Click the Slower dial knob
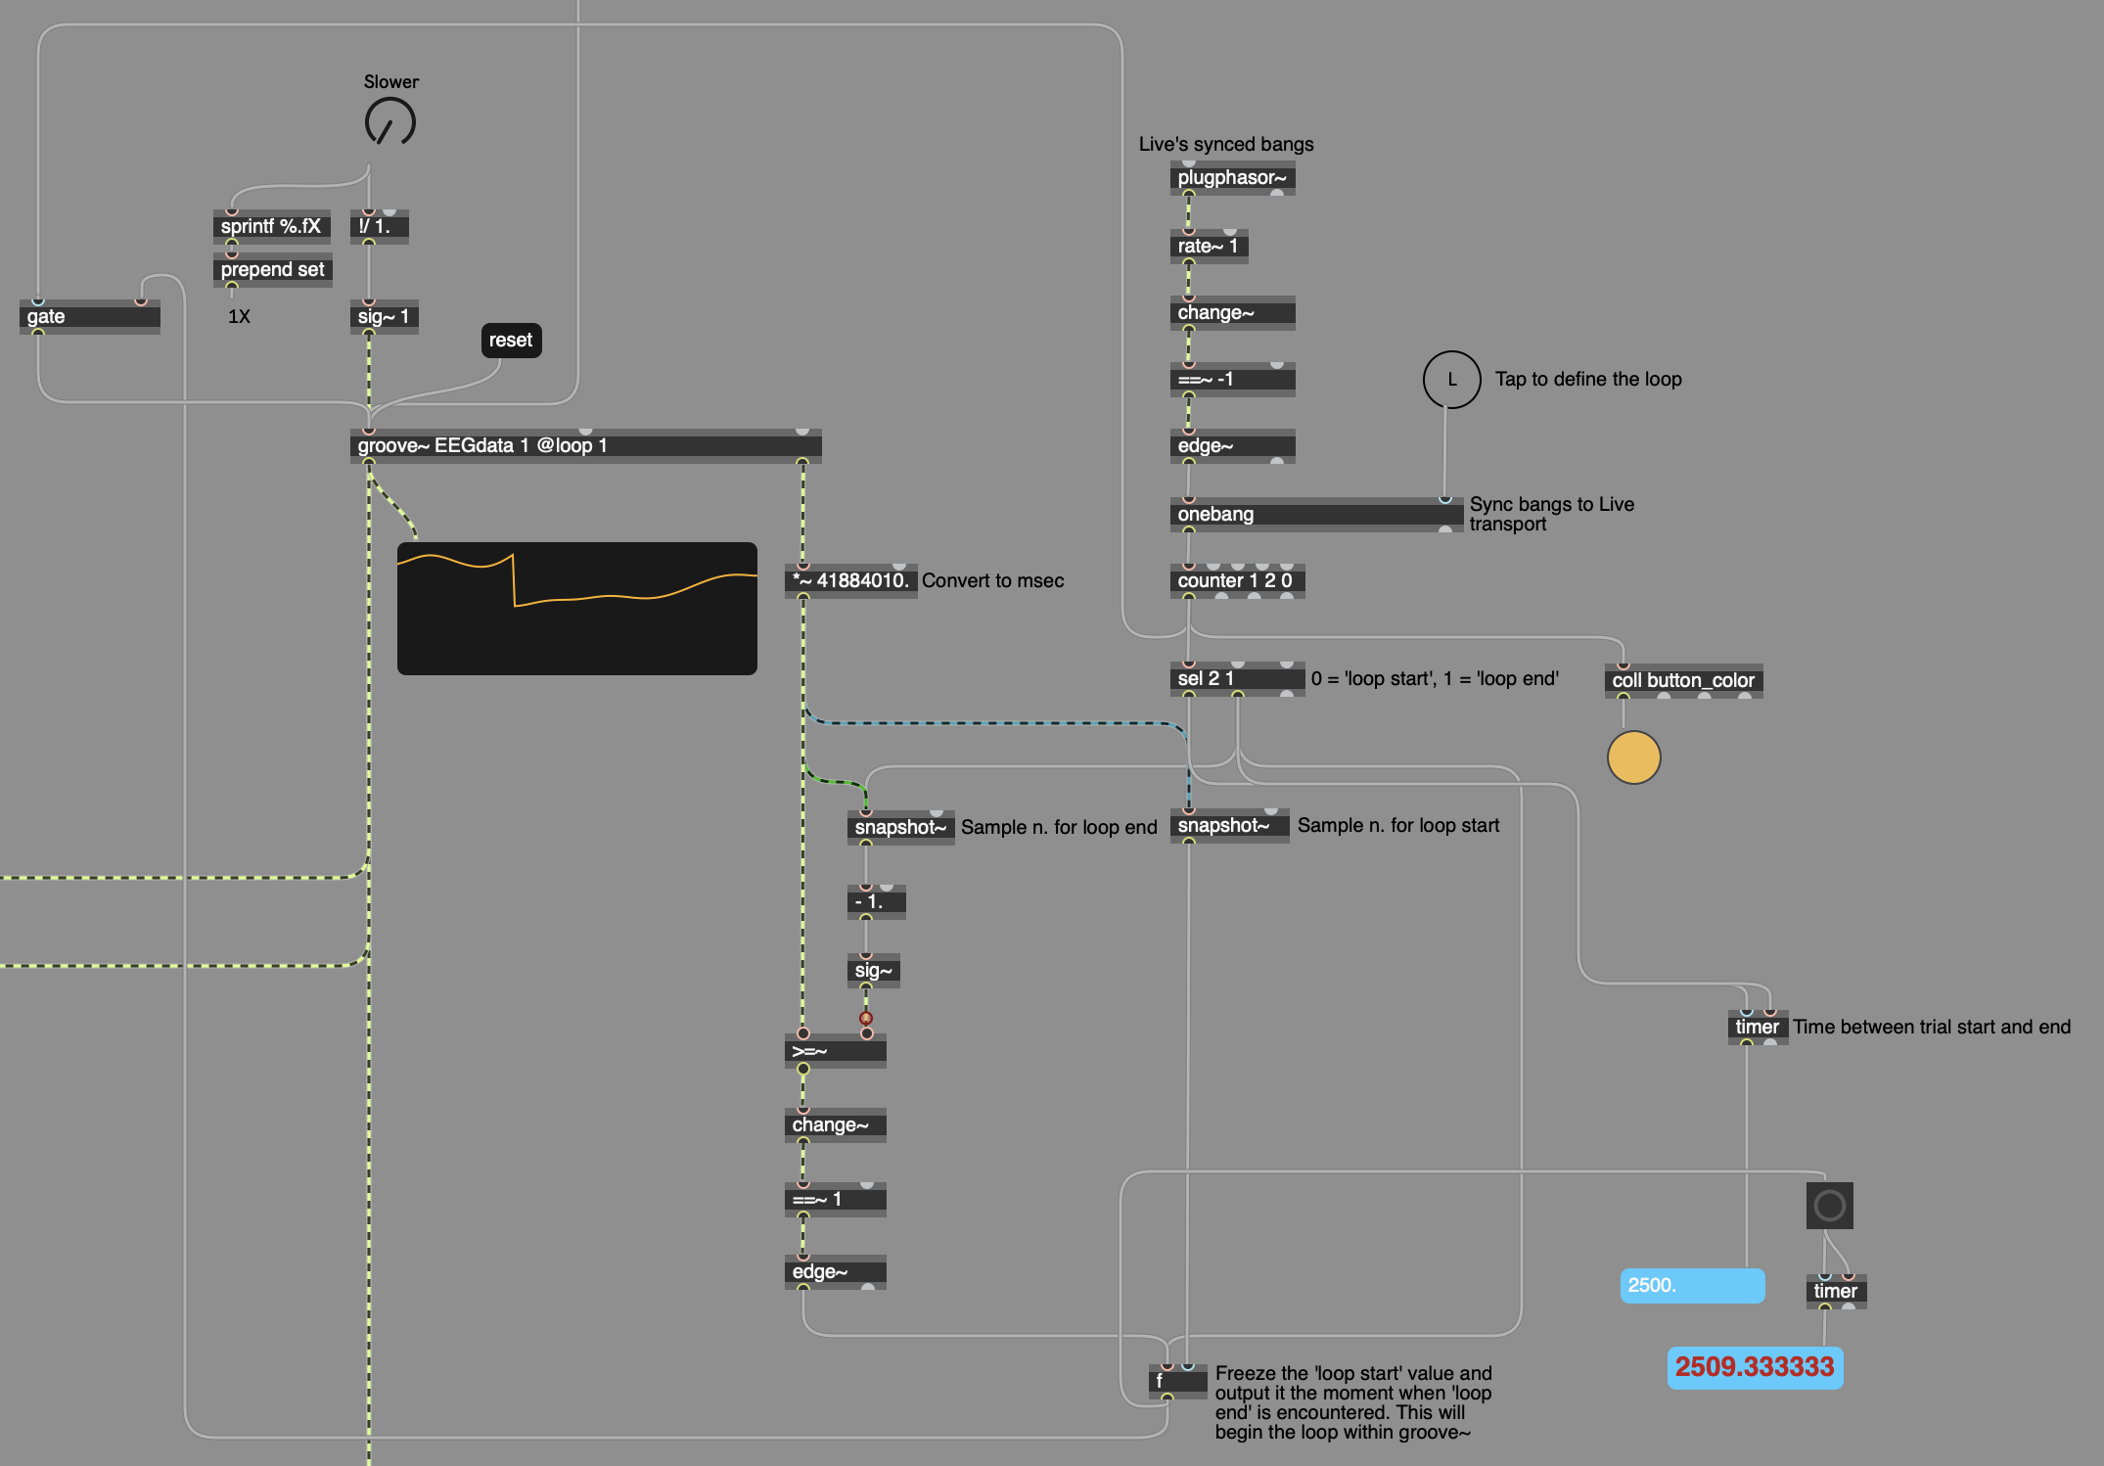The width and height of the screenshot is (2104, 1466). [x=390, y=122]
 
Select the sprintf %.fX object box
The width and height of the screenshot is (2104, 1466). [x=271, y=226]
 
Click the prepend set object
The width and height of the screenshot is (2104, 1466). [x=272, y=269]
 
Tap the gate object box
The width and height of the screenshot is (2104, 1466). [x=90, y=316]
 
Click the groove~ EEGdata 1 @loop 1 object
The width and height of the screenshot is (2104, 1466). [x=585, y=445]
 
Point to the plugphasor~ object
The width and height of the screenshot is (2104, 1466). [x=1232, y=177]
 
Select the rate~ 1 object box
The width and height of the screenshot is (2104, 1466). [x=1209, y=246]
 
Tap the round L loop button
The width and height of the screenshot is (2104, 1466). [x=1451, y=380]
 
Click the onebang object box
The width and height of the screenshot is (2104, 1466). [x=1316, y=514]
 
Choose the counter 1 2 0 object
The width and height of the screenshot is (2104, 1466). [x=1237, y=580]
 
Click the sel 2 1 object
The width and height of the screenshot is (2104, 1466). [x=1237, y=678]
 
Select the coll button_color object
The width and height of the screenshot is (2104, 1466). [x=1683, y=680]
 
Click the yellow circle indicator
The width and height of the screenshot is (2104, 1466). [x=1633, y=757]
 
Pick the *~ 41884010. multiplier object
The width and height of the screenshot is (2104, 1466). [x=850, y=580]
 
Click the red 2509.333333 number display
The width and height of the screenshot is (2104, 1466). [x=1755, y=1367]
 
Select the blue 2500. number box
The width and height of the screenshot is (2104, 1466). [x=1692, y=1285]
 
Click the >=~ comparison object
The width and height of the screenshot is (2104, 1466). [x=835, y=1050]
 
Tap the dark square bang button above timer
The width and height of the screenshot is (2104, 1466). [x=1829, y=1205]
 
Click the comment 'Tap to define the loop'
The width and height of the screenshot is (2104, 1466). [x=1588, y=379]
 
